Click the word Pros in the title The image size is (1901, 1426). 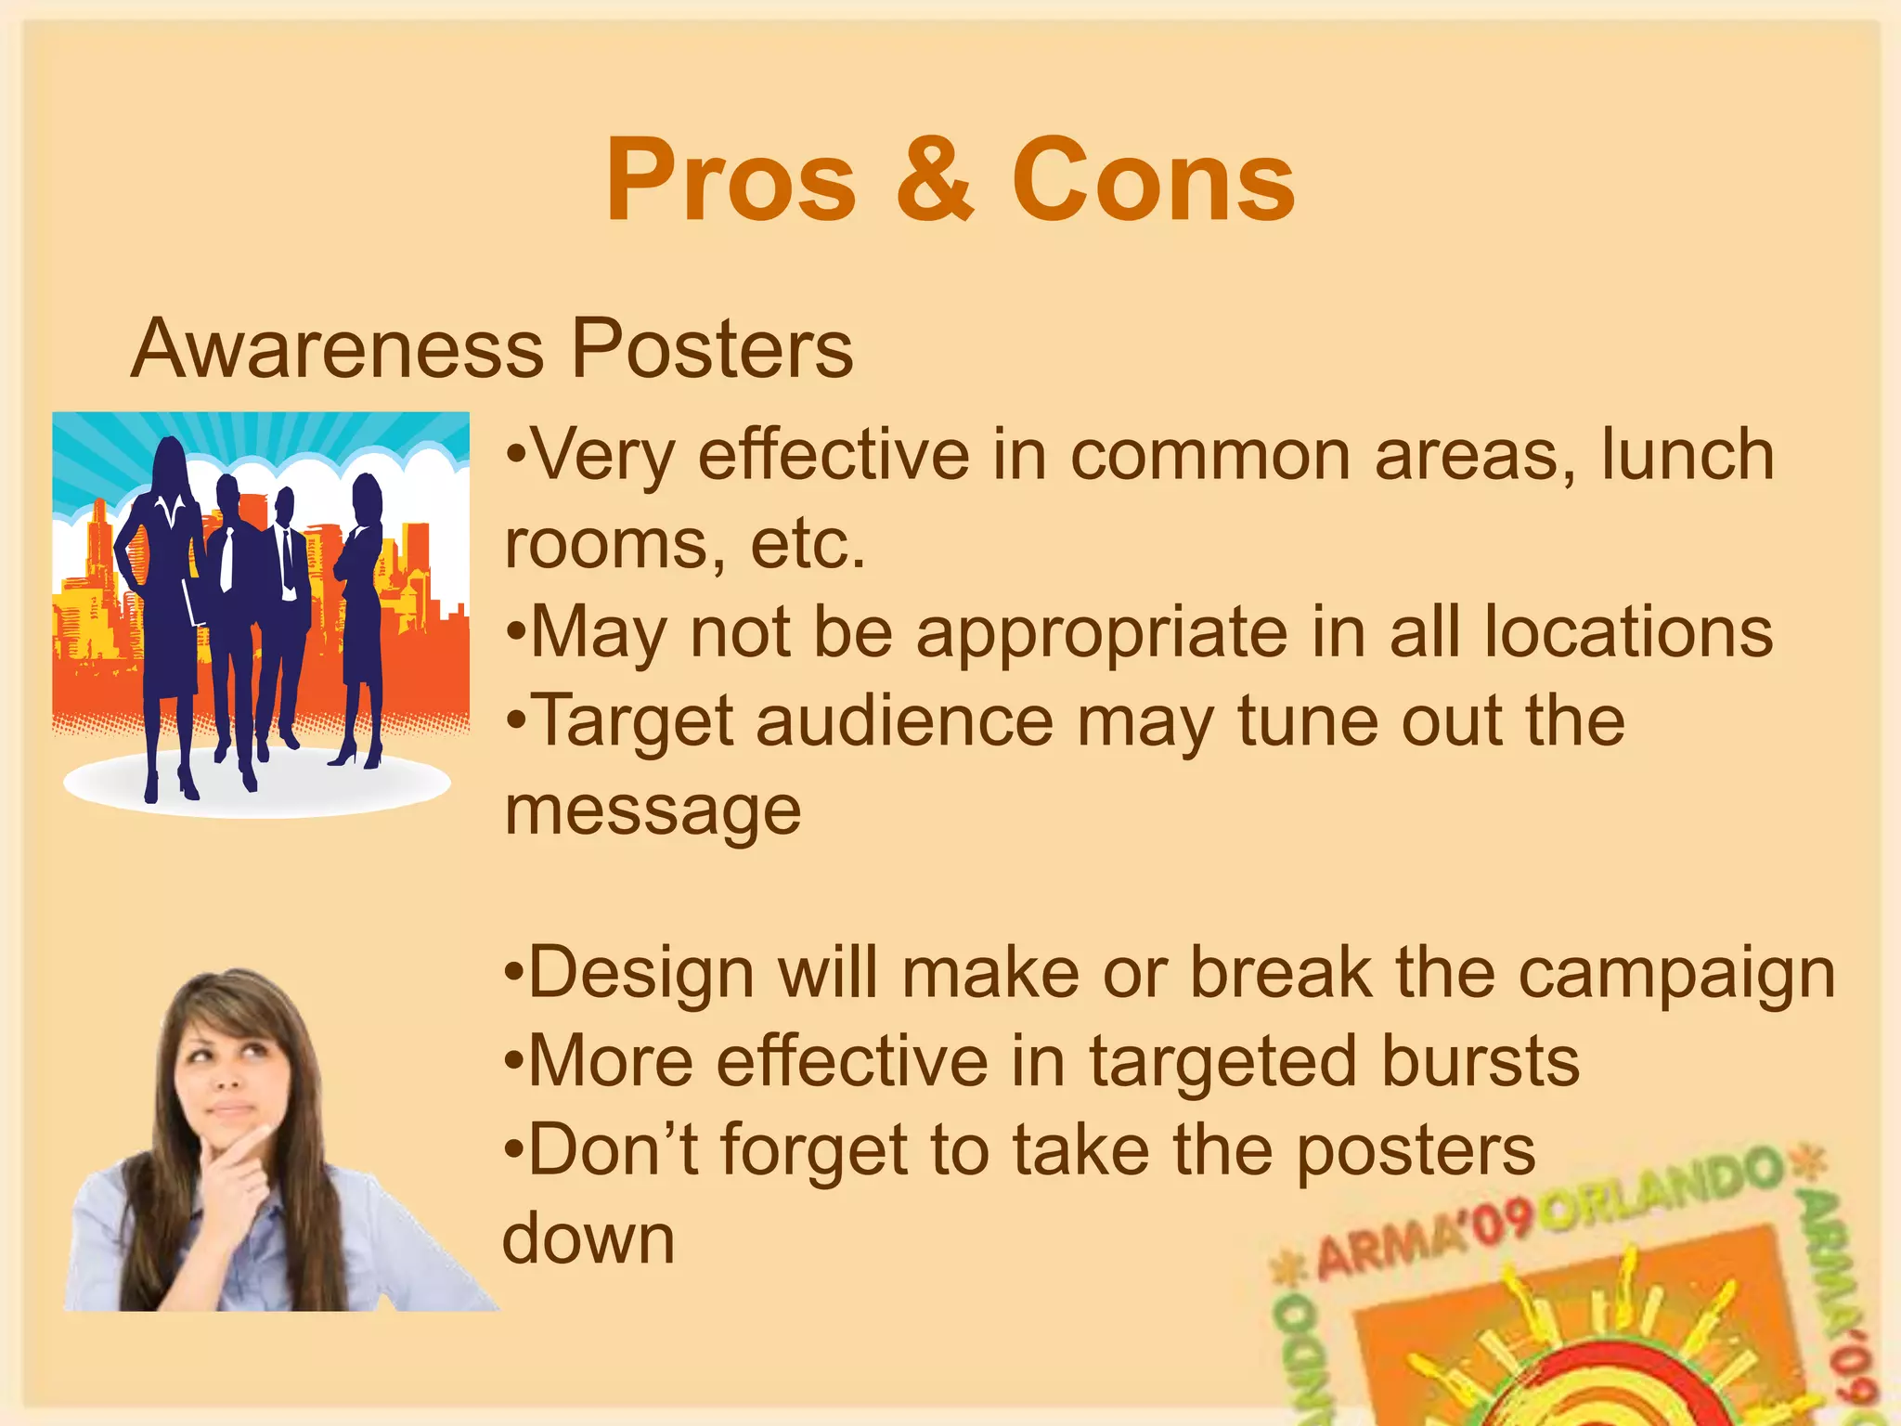[731, 180]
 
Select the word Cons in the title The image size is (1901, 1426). [1153, 180]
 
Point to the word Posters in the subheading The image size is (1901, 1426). [711, 349]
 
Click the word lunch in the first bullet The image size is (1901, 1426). [1688, 454]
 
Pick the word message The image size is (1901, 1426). [653, 811]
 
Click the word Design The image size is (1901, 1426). [640, 974]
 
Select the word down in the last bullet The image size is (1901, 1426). [588, 1238]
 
